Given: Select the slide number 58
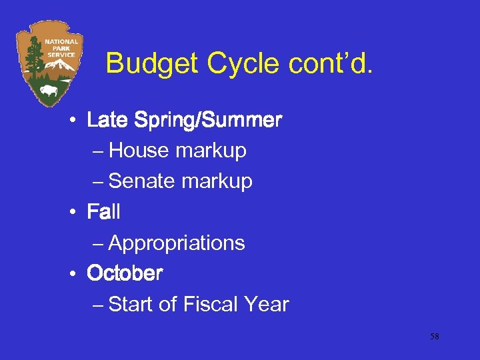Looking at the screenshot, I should coord(434,337).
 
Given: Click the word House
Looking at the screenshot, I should coord(138,151).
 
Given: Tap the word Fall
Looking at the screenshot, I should coord(103,212).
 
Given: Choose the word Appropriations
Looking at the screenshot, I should coord(177,243).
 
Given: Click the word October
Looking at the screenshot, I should coord(125,273).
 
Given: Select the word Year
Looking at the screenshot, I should coord(267,304).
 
